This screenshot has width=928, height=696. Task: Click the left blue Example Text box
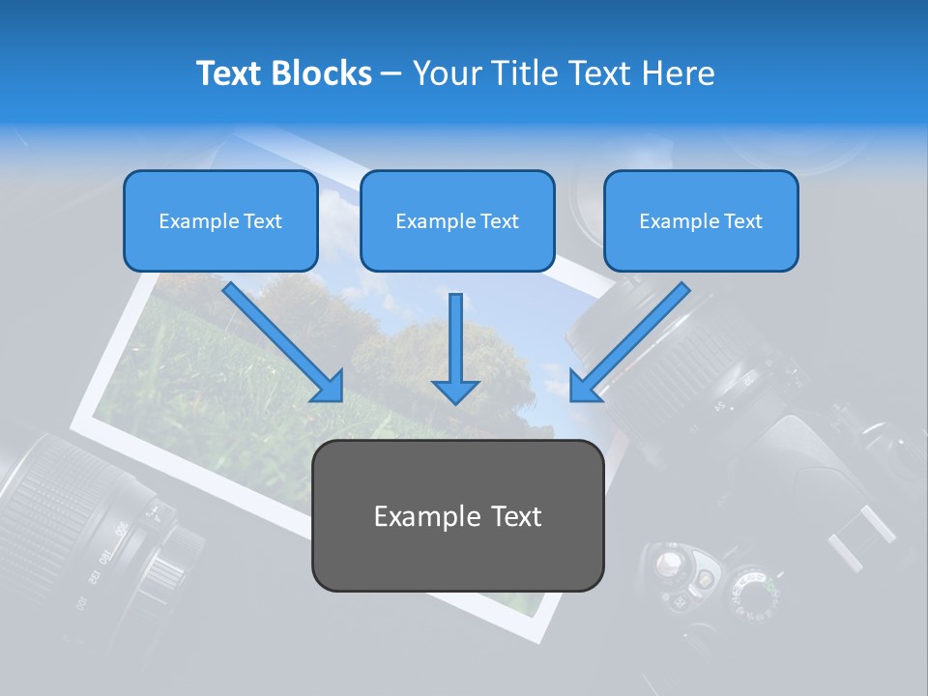point(220,220)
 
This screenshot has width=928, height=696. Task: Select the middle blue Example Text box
point(457,220)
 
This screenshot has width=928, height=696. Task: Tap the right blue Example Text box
point(701,220)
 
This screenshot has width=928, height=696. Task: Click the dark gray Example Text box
point(457,515)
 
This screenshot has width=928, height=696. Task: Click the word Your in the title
point(446,73)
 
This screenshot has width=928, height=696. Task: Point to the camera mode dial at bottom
point(749,591)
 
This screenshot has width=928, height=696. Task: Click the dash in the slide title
point(392,73)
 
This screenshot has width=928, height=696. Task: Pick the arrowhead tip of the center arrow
point(455,400)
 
